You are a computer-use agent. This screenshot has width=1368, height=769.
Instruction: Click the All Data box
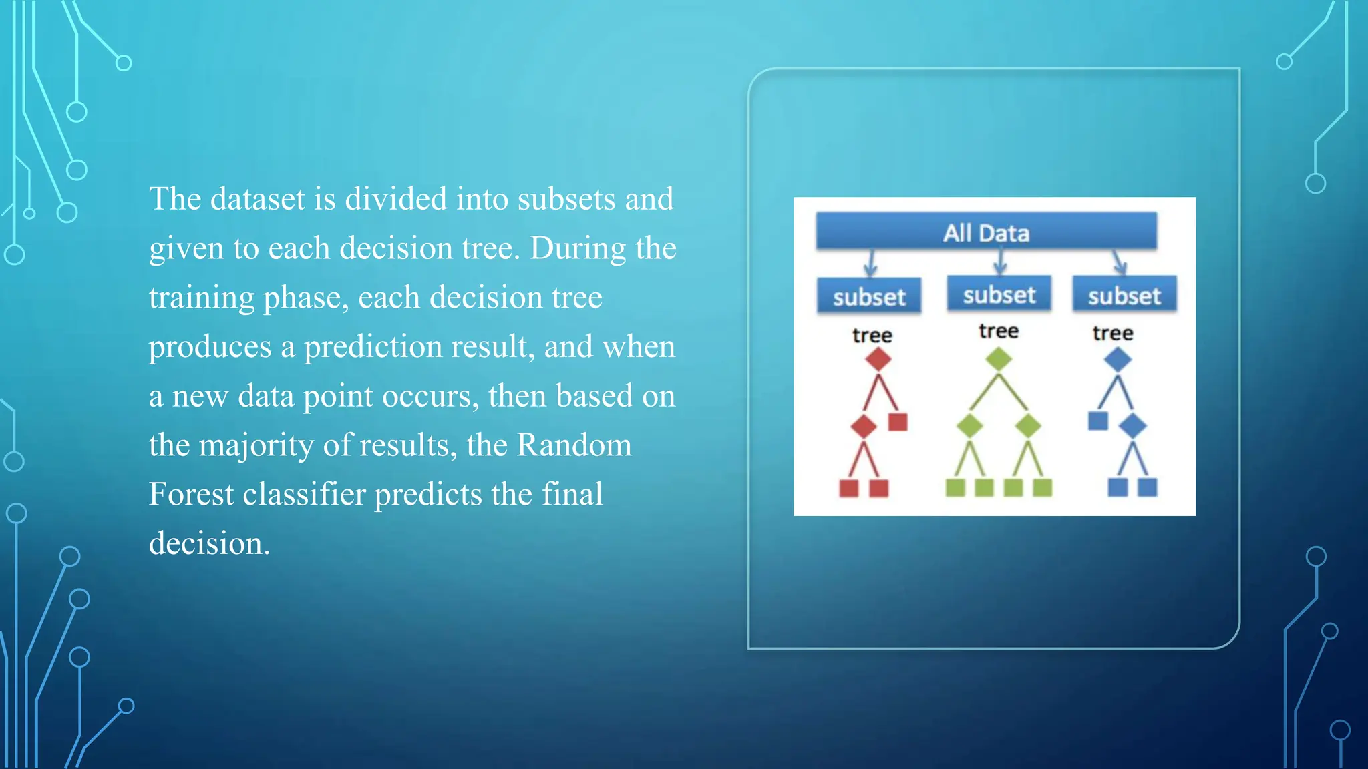[x=986, y=232]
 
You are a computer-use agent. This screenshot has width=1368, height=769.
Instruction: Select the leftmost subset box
[x=869, y=296]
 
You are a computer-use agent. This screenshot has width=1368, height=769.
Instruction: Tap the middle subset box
[x=999, y=294]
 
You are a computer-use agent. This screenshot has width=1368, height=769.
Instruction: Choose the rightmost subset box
[x=1124, y=295]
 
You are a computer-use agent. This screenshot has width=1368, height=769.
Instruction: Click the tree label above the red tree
[x=872, y=335]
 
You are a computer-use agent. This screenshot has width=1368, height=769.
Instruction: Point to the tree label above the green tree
[x=999, y=331]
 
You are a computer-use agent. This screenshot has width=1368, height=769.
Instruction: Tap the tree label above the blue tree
[x=1113, y=333]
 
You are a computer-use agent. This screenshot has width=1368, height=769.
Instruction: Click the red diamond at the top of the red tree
[x=878, y=359]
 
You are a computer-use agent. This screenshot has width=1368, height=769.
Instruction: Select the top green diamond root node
[x=999, y=359]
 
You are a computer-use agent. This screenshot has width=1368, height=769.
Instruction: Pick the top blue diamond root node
[x=1118, y=360]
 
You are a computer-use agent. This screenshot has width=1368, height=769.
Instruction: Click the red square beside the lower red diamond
[x=898, y=422]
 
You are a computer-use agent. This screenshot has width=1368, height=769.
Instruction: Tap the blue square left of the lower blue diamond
[x=1098, y=421]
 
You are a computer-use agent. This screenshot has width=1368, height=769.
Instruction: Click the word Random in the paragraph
[x=574, y=445]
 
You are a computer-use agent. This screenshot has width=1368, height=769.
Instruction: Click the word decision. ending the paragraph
[x=209, y=543]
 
